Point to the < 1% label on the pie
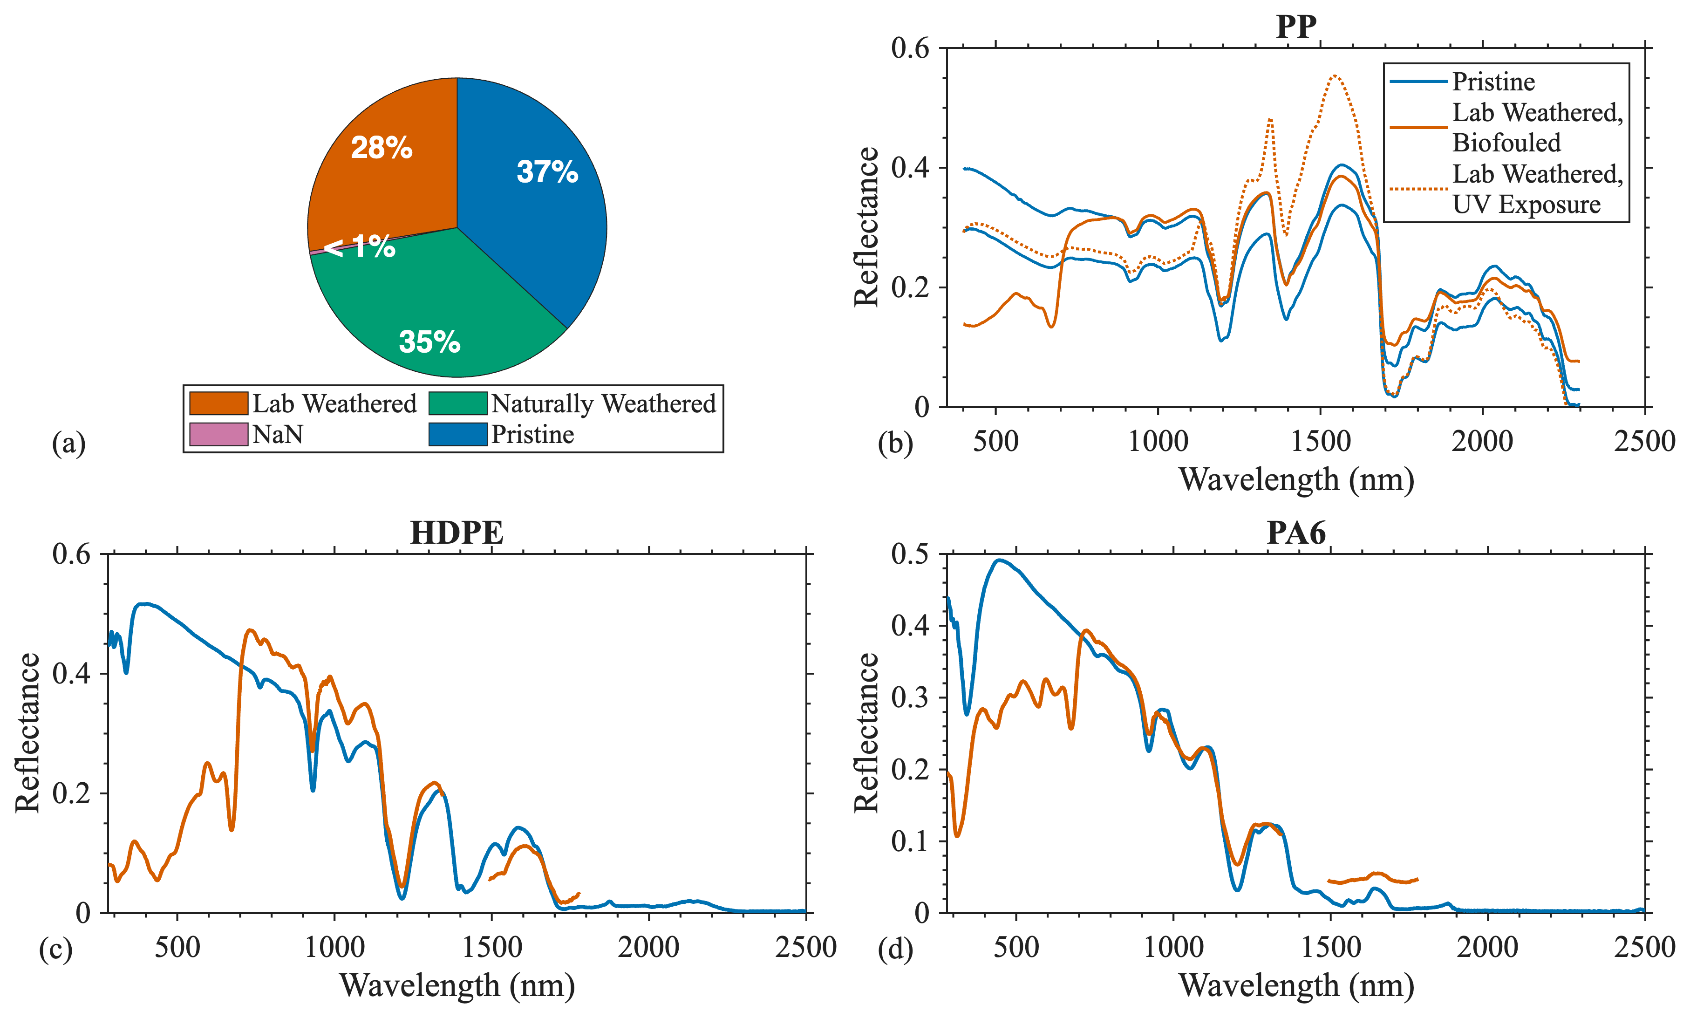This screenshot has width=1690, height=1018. click(x=360, y=246)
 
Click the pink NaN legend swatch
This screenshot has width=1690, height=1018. click(x=218, y=434)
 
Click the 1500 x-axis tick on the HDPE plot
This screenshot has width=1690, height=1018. click(x=492, y=947)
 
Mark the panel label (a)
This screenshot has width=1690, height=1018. click(x=68, y=443)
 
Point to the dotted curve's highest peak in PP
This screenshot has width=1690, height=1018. click(x=1335, y=75)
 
